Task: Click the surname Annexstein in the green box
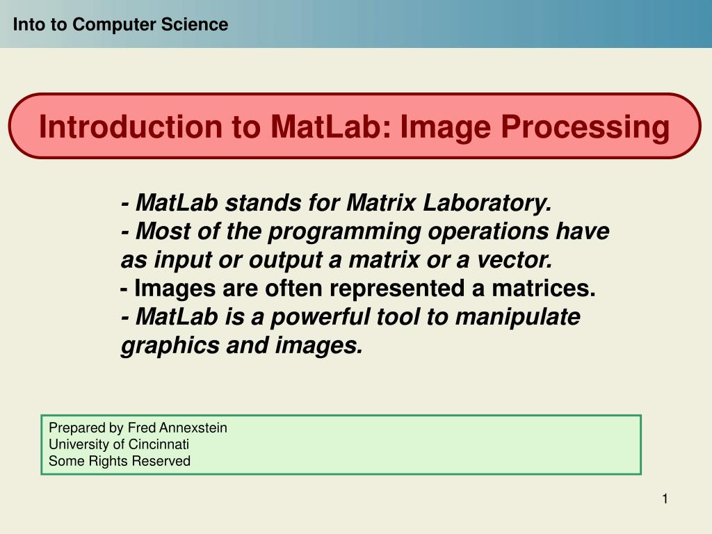tap(193, 428)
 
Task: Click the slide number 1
tap(665, 499)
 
